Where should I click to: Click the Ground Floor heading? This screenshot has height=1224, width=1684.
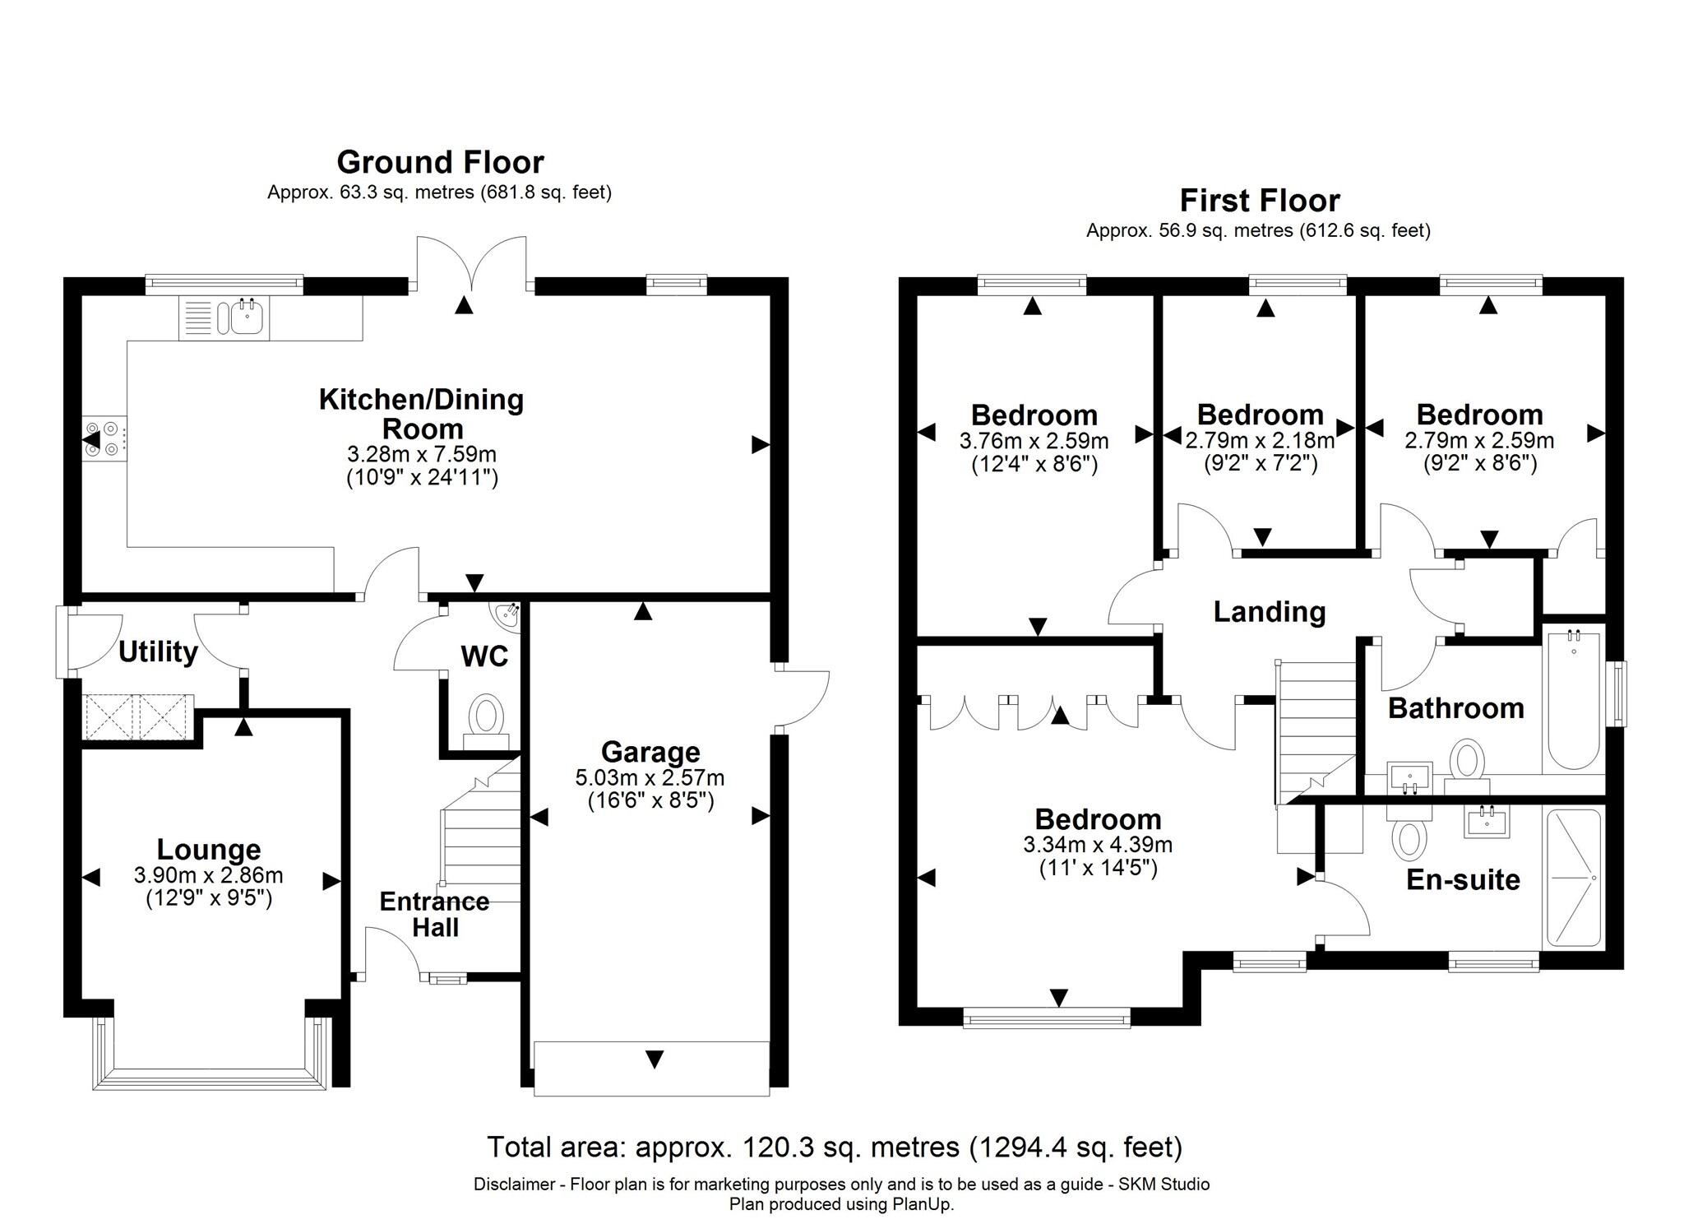440,162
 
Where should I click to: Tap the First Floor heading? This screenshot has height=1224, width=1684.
1259,200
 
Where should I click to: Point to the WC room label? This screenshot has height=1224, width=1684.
484,656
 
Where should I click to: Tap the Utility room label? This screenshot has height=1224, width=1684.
158,651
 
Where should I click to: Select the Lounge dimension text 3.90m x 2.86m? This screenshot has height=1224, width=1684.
208,876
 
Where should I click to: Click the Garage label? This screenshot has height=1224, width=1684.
650,752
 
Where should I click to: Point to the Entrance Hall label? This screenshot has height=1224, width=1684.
434,914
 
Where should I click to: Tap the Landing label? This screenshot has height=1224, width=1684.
1269,612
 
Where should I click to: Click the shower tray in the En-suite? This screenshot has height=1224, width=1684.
1573,878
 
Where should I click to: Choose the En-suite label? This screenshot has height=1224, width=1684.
1462,879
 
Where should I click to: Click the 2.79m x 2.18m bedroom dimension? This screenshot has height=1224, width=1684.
1259,440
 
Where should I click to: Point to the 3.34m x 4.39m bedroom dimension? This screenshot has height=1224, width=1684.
1097,844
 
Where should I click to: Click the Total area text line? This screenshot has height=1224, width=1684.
834,1146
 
